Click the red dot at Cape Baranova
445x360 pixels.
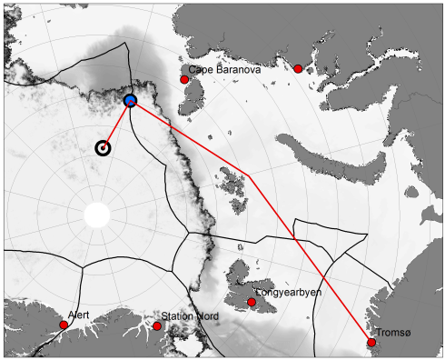pyautogui.click(x=184, y=80)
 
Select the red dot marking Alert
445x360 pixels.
pyautogui.click(x=64, y=325)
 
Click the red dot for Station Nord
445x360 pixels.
pyautogui.click(x=157, y=325)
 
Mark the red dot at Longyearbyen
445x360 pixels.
pyautogui.click(x=252, y=302)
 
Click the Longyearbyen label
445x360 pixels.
pyautogui.click(x=288, y=293)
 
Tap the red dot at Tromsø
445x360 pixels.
pyautogui.click(x=371, y=343)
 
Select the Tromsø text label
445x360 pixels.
pyautogui.click(x=391, y=333)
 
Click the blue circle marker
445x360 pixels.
pyautogui.click(x=130, y=100)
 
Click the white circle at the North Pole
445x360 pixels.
pyautogui.click(x=96, y=216)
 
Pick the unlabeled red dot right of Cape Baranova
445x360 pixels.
pyautogui.click(x=298, y=68)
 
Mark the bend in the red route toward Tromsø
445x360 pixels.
pyautogui.click(x=251, y=179)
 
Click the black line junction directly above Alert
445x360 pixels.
pyautogui.click(x=82, y=267)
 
